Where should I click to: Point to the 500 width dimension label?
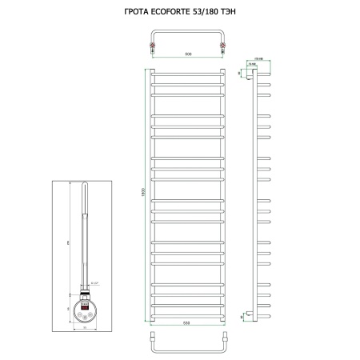(x=188, y=54)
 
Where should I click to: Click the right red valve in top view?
(x=222, y=48)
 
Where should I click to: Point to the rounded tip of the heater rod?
(x=85, y=186)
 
